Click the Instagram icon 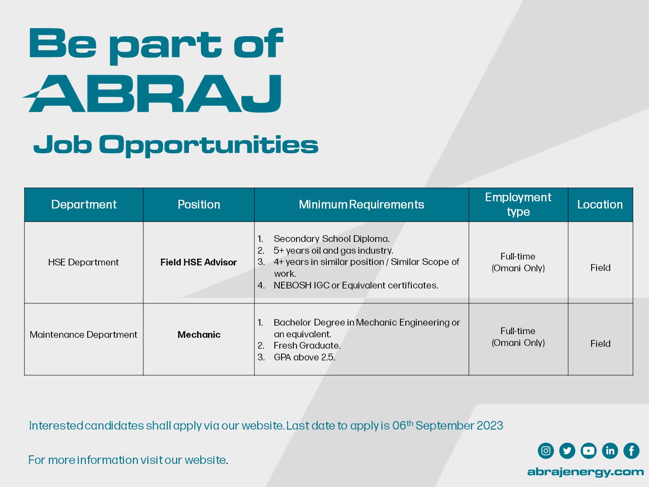pos(546,451)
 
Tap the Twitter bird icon pos(567,451)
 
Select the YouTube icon pos(588,451)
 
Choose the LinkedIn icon pos(610,451)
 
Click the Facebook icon pos(631,451)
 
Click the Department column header pos(84,205)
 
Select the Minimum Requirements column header pos(361,205)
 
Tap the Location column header pos(600,205)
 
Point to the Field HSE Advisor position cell pos(199,262)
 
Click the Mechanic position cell pos(199,335)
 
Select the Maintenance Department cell pos(83,335)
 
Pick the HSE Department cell pos(83,262)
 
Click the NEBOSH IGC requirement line pos(348,285)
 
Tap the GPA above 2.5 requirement pos(296,357)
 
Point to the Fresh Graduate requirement pos(299,345)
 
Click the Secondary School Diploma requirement pos(324,239)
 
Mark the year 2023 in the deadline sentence pos(489,426)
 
